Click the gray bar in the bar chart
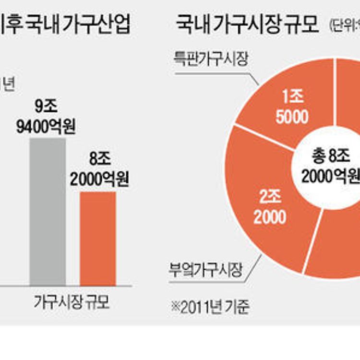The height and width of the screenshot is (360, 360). click(48, 211)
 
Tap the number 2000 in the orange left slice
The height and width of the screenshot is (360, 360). click(270, 217)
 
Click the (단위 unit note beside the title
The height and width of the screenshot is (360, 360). click(345, 25)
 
